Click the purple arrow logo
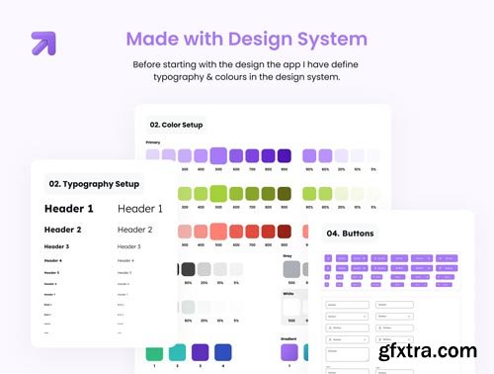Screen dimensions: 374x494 43,43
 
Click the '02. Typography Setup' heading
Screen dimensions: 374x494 94,184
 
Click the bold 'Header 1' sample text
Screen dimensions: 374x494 69,209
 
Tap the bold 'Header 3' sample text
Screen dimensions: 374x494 57,246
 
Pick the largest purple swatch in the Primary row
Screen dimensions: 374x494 218,155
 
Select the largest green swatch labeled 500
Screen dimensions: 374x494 218,193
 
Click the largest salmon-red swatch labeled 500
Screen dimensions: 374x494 218,232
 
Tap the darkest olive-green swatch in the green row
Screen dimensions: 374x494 285,194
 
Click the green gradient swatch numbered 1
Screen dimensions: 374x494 153,353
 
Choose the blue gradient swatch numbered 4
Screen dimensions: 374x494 223,353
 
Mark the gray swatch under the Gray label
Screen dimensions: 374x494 291,268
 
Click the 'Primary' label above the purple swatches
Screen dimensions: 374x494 153,142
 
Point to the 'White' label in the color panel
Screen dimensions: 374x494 288,293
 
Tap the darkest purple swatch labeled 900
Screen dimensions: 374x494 285,155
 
